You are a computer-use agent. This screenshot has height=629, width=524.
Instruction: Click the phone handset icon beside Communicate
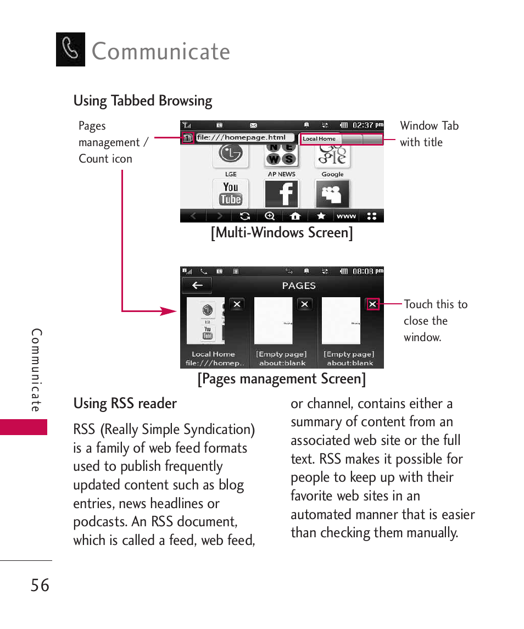point(70,49)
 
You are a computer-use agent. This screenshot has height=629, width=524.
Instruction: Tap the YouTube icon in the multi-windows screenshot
point(231,193)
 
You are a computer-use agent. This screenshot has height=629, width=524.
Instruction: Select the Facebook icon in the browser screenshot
point(281,193)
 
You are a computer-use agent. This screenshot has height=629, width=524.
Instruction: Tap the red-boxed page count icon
point(187,138)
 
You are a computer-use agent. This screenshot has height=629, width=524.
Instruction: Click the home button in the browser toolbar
point(295,216)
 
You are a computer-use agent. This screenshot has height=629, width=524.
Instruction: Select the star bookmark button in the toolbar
point(321,216)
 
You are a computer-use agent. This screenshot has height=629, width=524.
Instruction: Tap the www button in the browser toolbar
point(346,216)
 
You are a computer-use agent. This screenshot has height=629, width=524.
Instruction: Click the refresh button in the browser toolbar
point(245,216)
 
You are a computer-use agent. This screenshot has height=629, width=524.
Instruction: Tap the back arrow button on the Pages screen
point(197,285)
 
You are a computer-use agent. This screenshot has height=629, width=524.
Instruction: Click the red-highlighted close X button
point(373,304)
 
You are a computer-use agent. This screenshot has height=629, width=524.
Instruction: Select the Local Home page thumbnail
point(206,320)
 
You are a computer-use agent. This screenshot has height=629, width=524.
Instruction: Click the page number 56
point(40,586)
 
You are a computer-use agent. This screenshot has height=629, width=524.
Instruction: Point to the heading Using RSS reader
point(125,403)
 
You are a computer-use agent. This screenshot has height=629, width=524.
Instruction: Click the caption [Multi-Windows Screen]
point(282,232)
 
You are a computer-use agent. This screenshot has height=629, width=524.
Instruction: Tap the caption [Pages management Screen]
point(282,378)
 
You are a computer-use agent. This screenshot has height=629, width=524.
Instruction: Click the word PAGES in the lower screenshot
point(299,286)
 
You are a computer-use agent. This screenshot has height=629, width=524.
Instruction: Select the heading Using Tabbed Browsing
point(143,101)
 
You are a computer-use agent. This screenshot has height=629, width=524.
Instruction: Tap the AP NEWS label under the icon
point(281,174)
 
